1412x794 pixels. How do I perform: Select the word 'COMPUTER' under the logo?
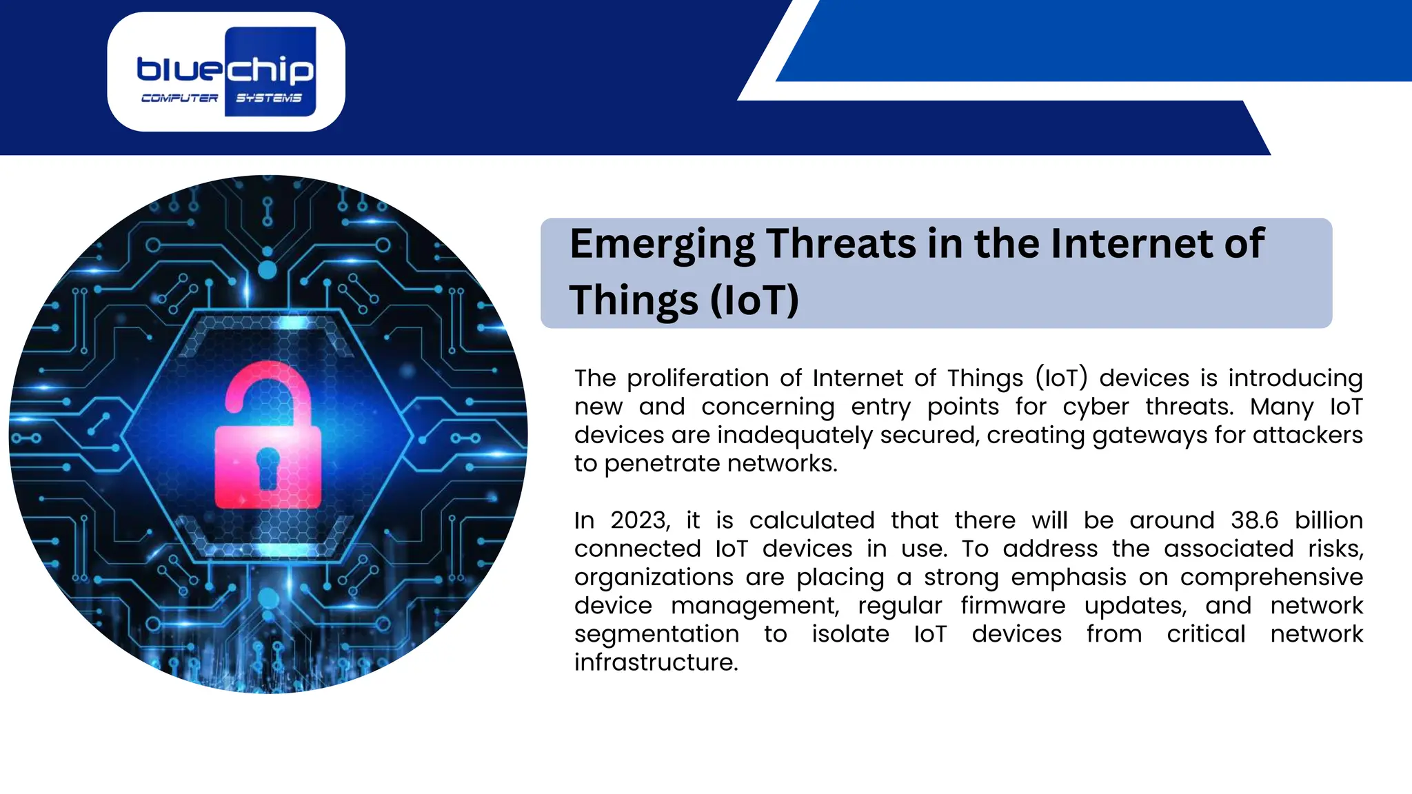[180, 98]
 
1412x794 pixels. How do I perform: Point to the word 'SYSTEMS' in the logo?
[269, 98]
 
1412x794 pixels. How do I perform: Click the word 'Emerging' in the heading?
[663, 245]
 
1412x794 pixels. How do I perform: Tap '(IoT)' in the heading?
[754, 301]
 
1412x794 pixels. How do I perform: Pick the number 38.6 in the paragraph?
[1254, 520]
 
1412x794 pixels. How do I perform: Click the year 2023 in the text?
[640, 520]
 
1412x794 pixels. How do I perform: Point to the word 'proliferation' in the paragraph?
[697, 378]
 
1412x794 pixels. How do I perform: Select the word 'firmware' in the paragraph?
[1013, 605]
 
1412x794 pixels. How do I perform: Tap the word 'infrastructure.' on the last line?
[656, 662]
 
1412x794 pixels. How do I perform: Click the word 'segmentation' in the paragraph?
[656, 634]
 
